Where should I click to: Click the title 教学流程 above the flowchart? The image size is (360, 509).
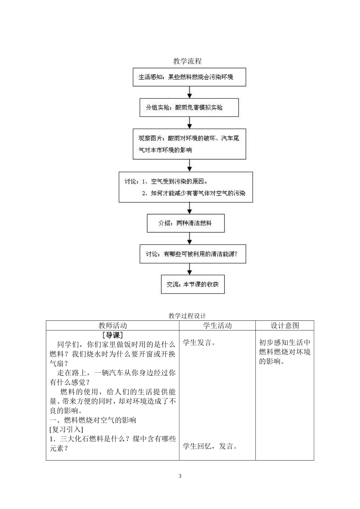(x=187, y=61)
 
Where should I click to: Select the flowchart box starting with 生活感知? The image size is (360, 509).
(x=189, y=77)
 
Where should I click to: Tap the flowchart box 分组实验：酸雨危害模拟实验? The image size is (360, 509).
(x=189, y=108)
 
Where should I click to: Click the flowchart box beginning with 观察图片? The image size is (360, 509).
(x=189, y=144)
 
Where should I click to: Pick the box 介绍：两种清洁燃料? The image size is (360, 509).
(x=185, y=223)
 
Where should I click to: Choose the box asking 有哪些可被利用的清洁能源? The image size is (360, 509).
(x=193, y=254)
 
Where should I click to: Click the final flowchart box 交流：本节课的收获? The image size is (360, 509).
(x=193, y=284)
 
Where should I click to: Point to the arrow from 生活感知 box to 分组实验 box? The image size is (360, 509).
(x=189, y=92)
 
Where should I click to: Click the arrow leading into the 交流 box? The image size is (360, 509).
(x=189, y=269)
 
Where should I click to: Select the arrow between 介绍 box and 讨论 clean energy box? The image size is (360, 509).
(x=189, y=238)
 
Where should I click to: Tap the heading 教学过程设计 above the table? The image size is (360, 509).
(x=187, y=316)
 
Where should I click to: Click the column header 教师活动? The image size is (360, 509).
(x=113, y=326)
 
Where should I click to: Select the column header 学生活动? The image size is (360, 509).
(x=217, y=326)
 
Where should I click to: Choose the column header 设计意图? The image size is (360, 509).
(x=285, y=326)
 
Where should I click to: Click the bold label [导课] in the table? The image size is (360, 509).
(x=113, y=335)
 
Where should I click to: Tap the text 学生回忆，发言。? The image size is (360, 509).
(x=210, y=447)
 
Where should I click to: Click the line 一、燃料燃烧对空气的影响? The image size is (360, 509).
(x=93, y=420)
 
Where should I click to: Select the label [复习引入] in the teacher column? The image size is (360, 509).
(x=66, y=429)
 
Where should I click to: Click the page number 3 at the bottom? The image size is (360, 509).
(x=180, y=476)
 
